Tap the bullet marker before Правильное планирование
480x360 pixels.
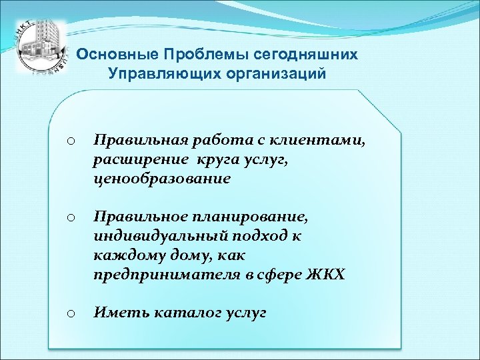(x=71, y=217)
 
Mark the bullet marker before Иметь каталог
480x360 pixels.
(x=71, y=311)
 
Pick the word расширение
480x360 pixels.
(x=138, y=160)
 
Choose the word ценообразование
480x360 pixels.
(x=163, y=179)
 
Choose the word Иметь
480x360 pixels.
(x=117, y=311)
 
